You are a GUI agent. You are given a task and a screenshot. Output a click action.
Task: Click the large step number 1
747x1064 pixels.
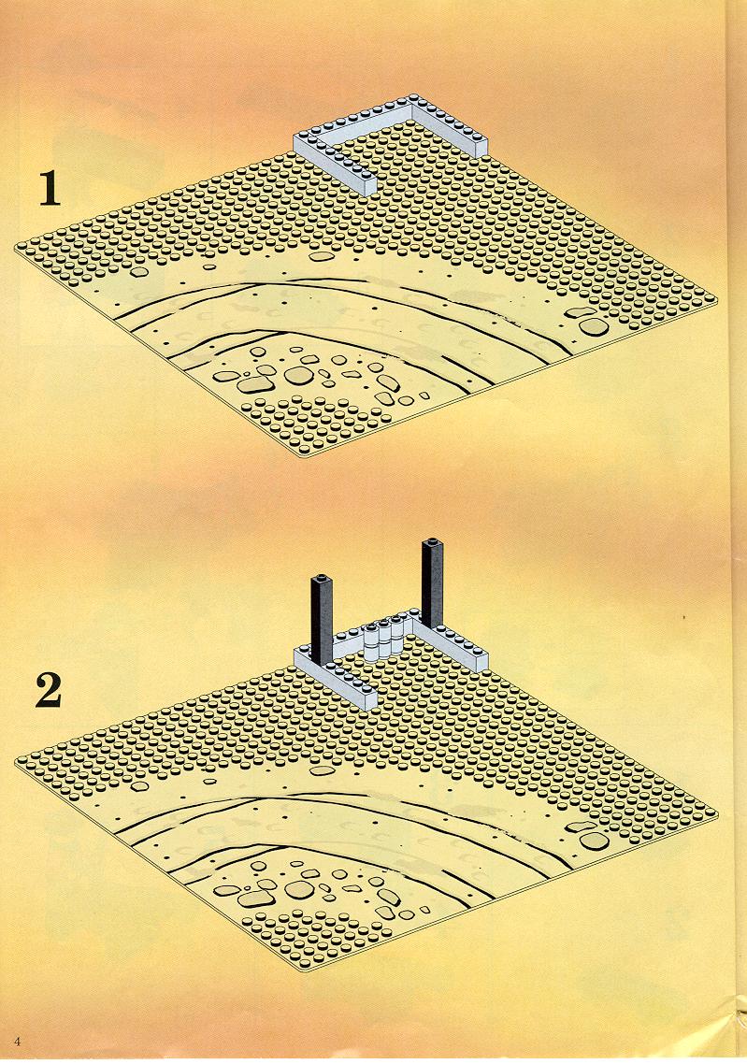coord(49,188)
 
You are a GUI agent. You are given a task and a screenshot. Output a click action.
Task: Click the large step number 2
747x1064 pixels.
coord(49,690)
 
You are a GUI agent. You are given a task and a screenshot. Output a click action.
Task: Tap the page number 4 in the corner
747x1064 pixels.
coord(18,1042)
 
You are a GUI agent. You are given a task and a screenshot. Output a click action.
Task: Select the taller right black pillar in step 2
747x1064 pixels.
coord(432,582)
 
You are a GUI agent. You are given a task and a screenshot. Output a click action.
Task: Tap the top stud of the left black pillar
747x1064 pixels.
coord(321,578)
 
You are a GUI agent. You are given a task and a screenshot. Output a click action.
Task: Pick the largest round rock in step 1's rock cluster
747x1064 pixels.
coord(296,375)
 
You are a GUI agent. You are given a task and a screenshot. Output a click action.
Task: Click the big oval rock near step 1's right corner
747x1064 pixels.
coord(594,326)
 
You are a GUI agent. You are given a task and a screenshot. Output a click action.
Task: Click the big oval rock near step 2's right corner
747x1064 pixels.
coord(594,840)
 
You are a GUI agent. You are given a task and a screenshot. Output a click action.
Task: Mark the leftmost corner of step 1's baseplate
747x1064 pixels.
coord(15,249)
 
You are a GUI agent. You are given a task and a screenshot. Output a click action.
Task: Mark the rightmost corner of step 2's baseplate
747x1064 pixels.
coord(717,812)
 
